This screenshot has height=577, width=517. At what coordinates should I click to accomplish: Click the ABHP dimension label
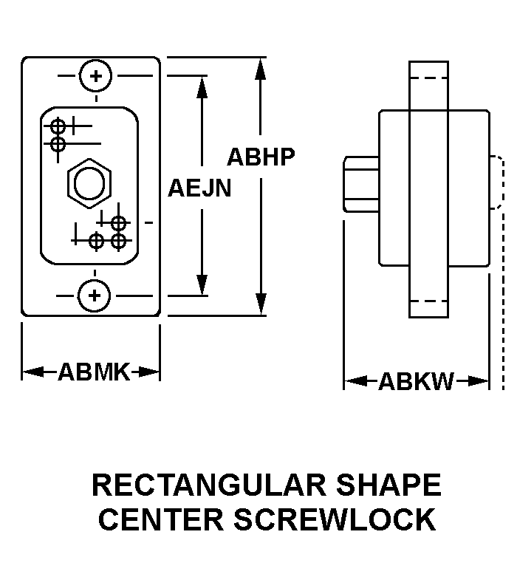click(261, 157)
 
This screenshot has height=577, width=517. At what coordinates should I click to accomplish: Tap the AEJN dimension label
click(199, 188)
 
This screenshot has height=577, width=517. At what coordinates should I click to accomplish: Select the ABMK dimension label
click(94, 371)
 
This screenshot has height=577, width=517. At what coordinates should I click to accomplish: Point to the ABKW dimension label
click(417, 381)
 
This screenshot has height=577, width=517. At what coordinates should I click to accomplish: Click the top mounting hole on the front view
click(95, 75)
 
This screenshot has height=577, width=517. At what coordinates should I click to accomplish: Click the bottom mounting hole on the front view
click(95, 296)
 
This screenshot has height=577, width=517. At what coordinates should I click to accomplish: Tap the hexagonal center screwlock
click(89, 183)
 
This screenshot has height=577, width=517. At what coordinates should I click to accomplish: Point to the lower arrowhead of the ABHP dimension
click(260, 304)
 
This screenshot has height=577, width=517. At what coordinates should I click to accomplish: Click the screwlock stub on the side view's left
click(361, 184)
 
